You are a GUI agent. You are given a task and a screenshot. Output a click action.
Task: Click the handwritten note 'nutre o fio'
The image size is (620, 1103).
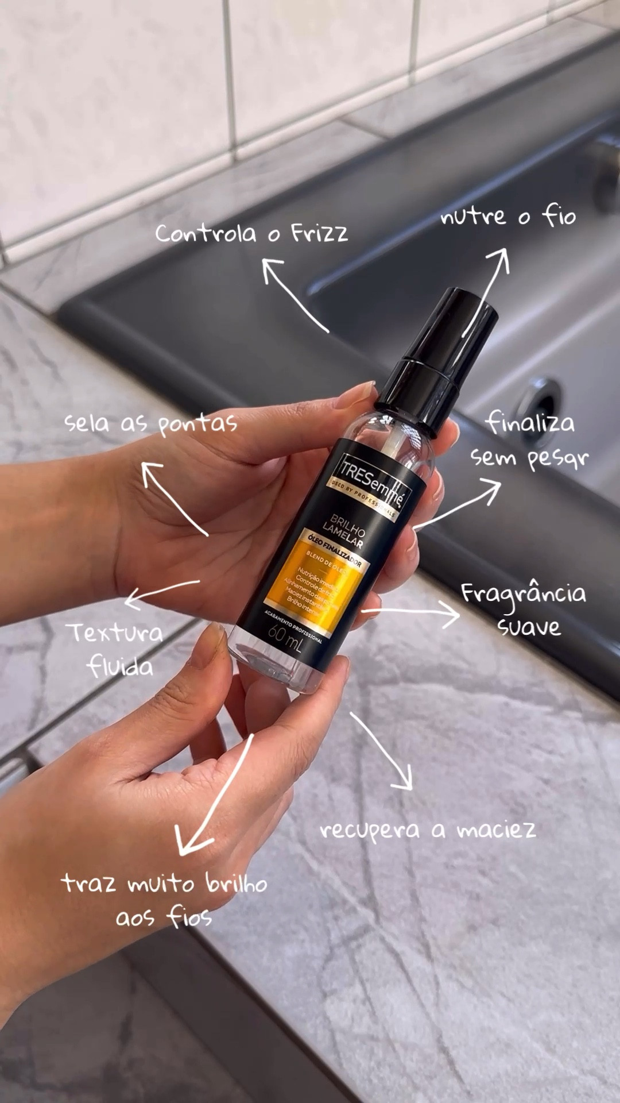tap(508, 217)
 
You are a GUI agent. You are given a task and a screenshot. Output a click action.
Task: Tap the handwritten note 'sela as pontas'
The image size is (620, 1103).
tap(150, 423)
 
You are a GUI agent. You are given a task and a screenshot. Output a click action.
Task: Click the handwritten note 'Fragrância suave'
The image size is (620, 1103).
tap(524, 609)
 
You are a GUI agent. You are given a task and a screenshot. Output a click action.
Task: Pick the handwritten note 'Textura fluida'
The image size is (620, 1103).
tap(118, 650)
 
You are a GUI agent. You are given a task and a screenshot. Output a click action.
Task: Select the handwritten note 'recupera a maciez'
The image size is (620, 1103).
tap(428, 830)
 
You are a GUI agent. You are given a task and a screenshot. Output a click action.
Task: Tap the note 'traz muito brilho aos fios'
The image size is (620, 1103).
tap(164, 899)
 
